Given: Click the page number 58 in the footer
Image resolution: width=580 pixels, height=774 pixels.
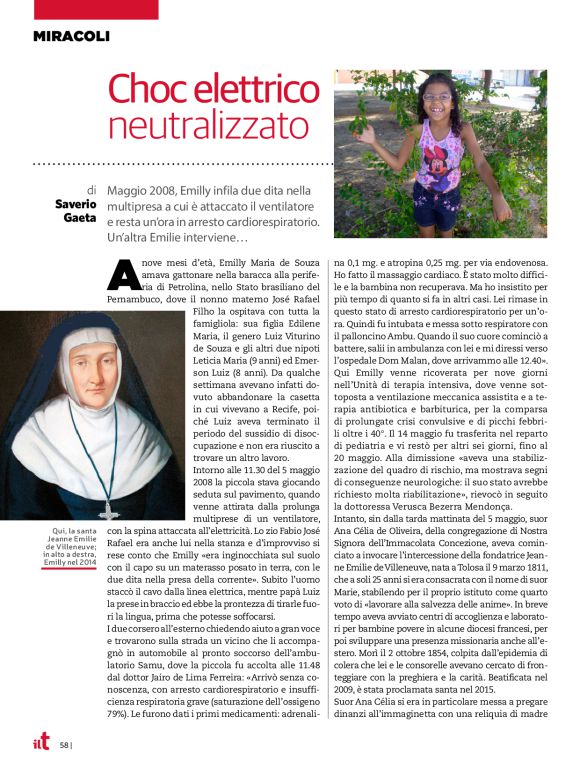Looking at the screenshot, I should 63,745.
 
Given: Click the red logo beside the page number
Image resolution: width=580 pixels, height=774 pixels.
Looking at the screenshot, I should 39,743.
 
